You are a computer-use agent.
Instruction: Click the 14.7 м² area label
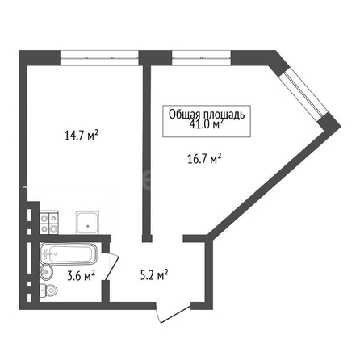coord(82,136)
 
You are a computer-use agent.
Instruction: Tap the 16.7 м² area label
coord(204,158)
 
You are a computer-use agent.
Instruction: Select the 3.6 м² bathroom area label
coord(81,276)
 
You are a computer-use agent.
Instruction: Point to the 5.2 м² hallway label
coord(154,275)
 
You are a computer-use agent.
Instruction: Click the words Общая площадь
coord(207,115)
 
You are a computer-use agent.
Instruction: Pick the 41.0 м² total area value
coord(207,124)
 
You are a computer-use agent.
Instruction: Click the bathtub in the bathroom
coord(69,253)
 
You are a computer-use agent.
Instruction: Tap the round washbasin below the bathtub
coord(46,272)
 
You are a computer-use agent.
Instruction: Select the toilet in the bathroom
coord(48,291)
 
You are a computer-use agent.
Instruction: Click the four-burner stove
coord(49,223)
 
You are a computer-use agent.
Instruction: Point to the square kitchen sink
coord(88,223)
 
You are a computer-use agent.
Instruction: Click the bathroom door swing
coord(111,266)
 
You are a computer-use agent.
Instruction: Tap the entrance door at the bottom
coord(174,313)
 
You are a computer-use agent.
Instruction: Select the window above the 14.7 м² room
coord(99,58)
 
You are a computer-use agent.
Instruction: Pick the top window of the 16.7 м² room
coord(201,58)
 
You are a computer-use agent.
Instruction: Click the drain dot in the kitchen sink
coord(88,226)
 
